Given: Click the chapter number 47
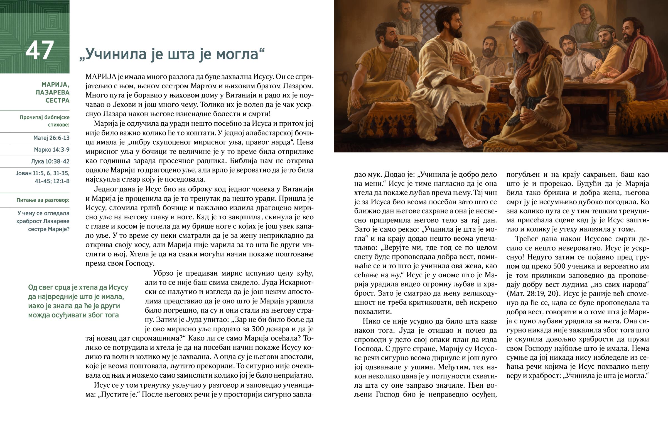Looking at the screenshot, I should click(39, 50).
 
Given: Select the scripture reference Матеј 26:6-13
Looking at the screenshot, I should click(51, 138).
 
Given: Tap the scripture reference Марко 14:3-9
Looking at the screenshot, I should click(51, 150).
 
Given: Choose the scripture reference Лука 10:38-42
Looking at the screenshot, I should click(50, 161).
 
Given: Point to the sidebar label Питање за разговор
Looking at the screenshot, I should click(43, 200).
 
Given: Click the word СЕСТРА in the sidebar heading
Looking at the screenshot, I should click(57, 100).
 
